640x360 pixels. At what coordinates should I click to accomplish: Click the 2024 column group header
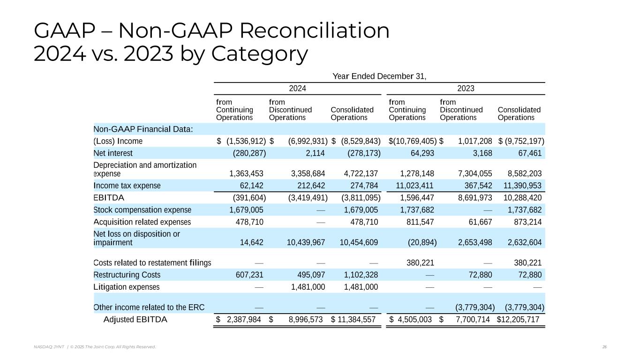[298, 89]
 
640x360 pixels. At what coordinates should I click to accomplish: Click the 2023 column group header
[466, 89]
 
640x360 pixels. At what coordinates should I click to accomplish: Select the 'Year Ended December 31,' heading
[379, 76]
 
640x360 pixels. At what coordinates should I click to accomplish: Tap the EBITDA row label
[109, 197]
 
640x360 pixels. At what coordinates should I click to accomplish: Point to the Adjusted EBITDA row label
[135, 320]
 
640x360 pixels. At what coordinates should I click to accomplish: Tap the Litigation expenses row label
[127, 287]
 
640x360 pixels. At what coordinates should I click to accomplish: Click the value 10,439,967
[306, 242]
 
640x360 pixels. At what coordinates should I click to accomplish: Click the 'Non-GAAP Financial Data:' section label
[143, 129]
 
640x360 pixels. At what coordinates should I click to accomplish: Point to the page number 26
[604, 347]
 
